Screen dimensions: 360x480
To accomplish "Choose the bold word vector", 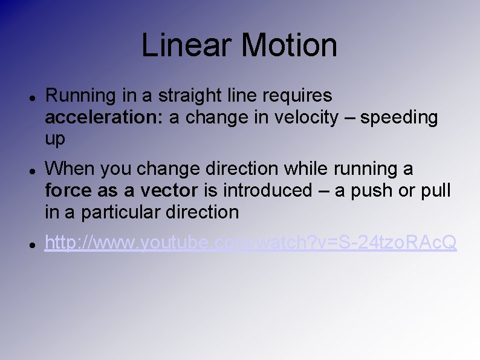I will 169,190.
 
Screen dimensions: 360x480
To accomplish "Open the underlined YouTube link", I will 251,243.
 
